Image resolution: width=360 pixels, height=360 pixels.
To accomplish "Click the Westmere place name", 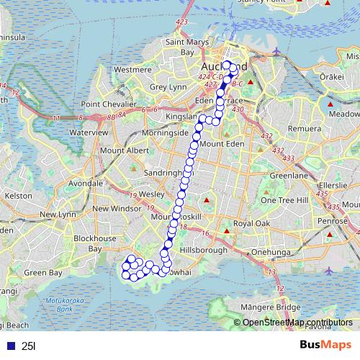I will (x=132, y=70).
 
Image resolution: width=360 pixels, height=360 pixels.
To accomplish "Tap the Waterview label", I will (x=89, y=132).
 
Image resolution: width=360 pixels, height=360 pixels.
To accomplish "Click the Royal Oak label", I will (x=251, y=225).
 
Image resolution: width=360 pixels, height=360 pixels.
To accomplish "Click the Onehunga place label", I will (x=270, y=253).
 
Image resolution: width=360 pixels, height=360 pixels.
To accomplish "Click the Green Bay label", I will (x=45, y=273).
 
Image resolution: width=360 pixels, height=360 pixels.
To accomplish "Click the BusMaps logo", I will (x=325, y=345).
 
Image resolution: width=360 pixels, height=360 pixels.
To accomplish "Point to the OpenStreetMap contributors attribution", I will (x=297, y=323).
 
